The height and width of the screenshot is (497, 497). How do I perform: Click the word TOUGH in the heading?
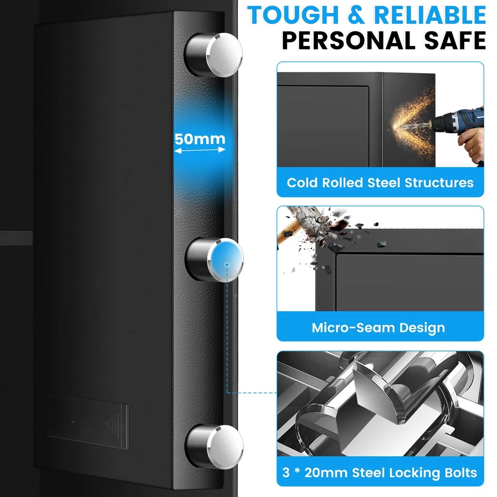click(x=293, y=15)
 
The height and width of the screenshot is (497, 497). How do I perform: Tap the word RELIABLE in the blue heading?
click(x=430, y=15)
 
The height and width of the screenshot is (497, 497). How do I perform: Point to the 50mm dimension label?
click(x=200, y=139)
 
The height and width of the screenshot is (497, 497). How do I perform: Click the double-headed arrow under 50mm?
click(x=200, y=150)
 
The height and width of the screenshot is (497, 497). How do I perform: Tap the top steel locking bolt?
click(x=213, y=55)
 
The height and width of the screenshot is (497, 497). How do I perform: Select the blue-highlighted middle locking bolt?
click(x=214, y=259)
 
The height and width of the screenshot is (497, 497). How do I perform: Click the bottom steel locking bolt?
click(x=214, y=447)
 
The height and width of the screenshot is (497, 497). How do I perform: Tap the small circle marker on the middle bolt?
click(x=227, y=264)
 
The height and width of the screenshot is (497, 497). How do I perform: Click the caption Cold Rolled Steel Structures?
click(x=380, y=182)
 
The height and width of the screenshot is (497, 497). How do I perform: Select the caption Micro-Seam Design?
click(x=378, y=328)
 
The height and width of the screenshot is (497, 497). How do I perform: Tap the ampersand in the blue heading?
click(x=356, y=15)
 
